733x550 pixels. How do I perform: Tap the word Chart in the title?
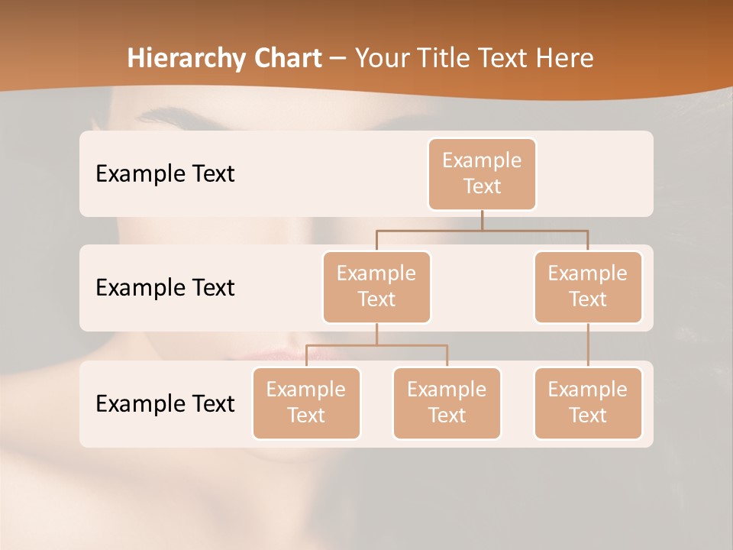click(x=288, y=59)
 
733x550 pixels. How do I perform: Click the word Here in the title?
click(x=563, y=59)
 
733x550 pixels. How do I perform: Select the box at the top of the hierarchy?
click(x=482, y=173)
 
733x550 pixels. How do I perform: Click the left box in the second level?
click(x=376, y=286)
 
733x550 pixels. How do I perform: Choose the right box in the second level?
click(x=588, y=286)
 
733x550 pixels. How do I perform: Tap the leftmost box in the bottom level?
click(x=306, y=403)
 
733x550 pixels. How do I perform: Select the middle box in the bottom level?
click(x=447, y=403)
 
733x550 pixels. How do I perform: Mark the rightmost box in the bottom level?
click(x=588, y=403)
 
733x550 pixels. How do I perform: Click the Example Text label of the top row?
click(x=165, y=173)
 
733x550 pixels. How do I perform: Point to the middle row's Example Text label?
click(x=165, y=287)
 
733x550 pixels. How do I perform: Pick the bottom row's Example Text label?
click(x=165, y=403)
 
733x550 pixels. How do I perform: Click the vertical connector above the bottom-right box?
click(x=588, y=345)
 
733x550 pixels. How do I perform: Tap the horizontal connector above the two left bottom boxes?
click(x=376, y=345)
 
